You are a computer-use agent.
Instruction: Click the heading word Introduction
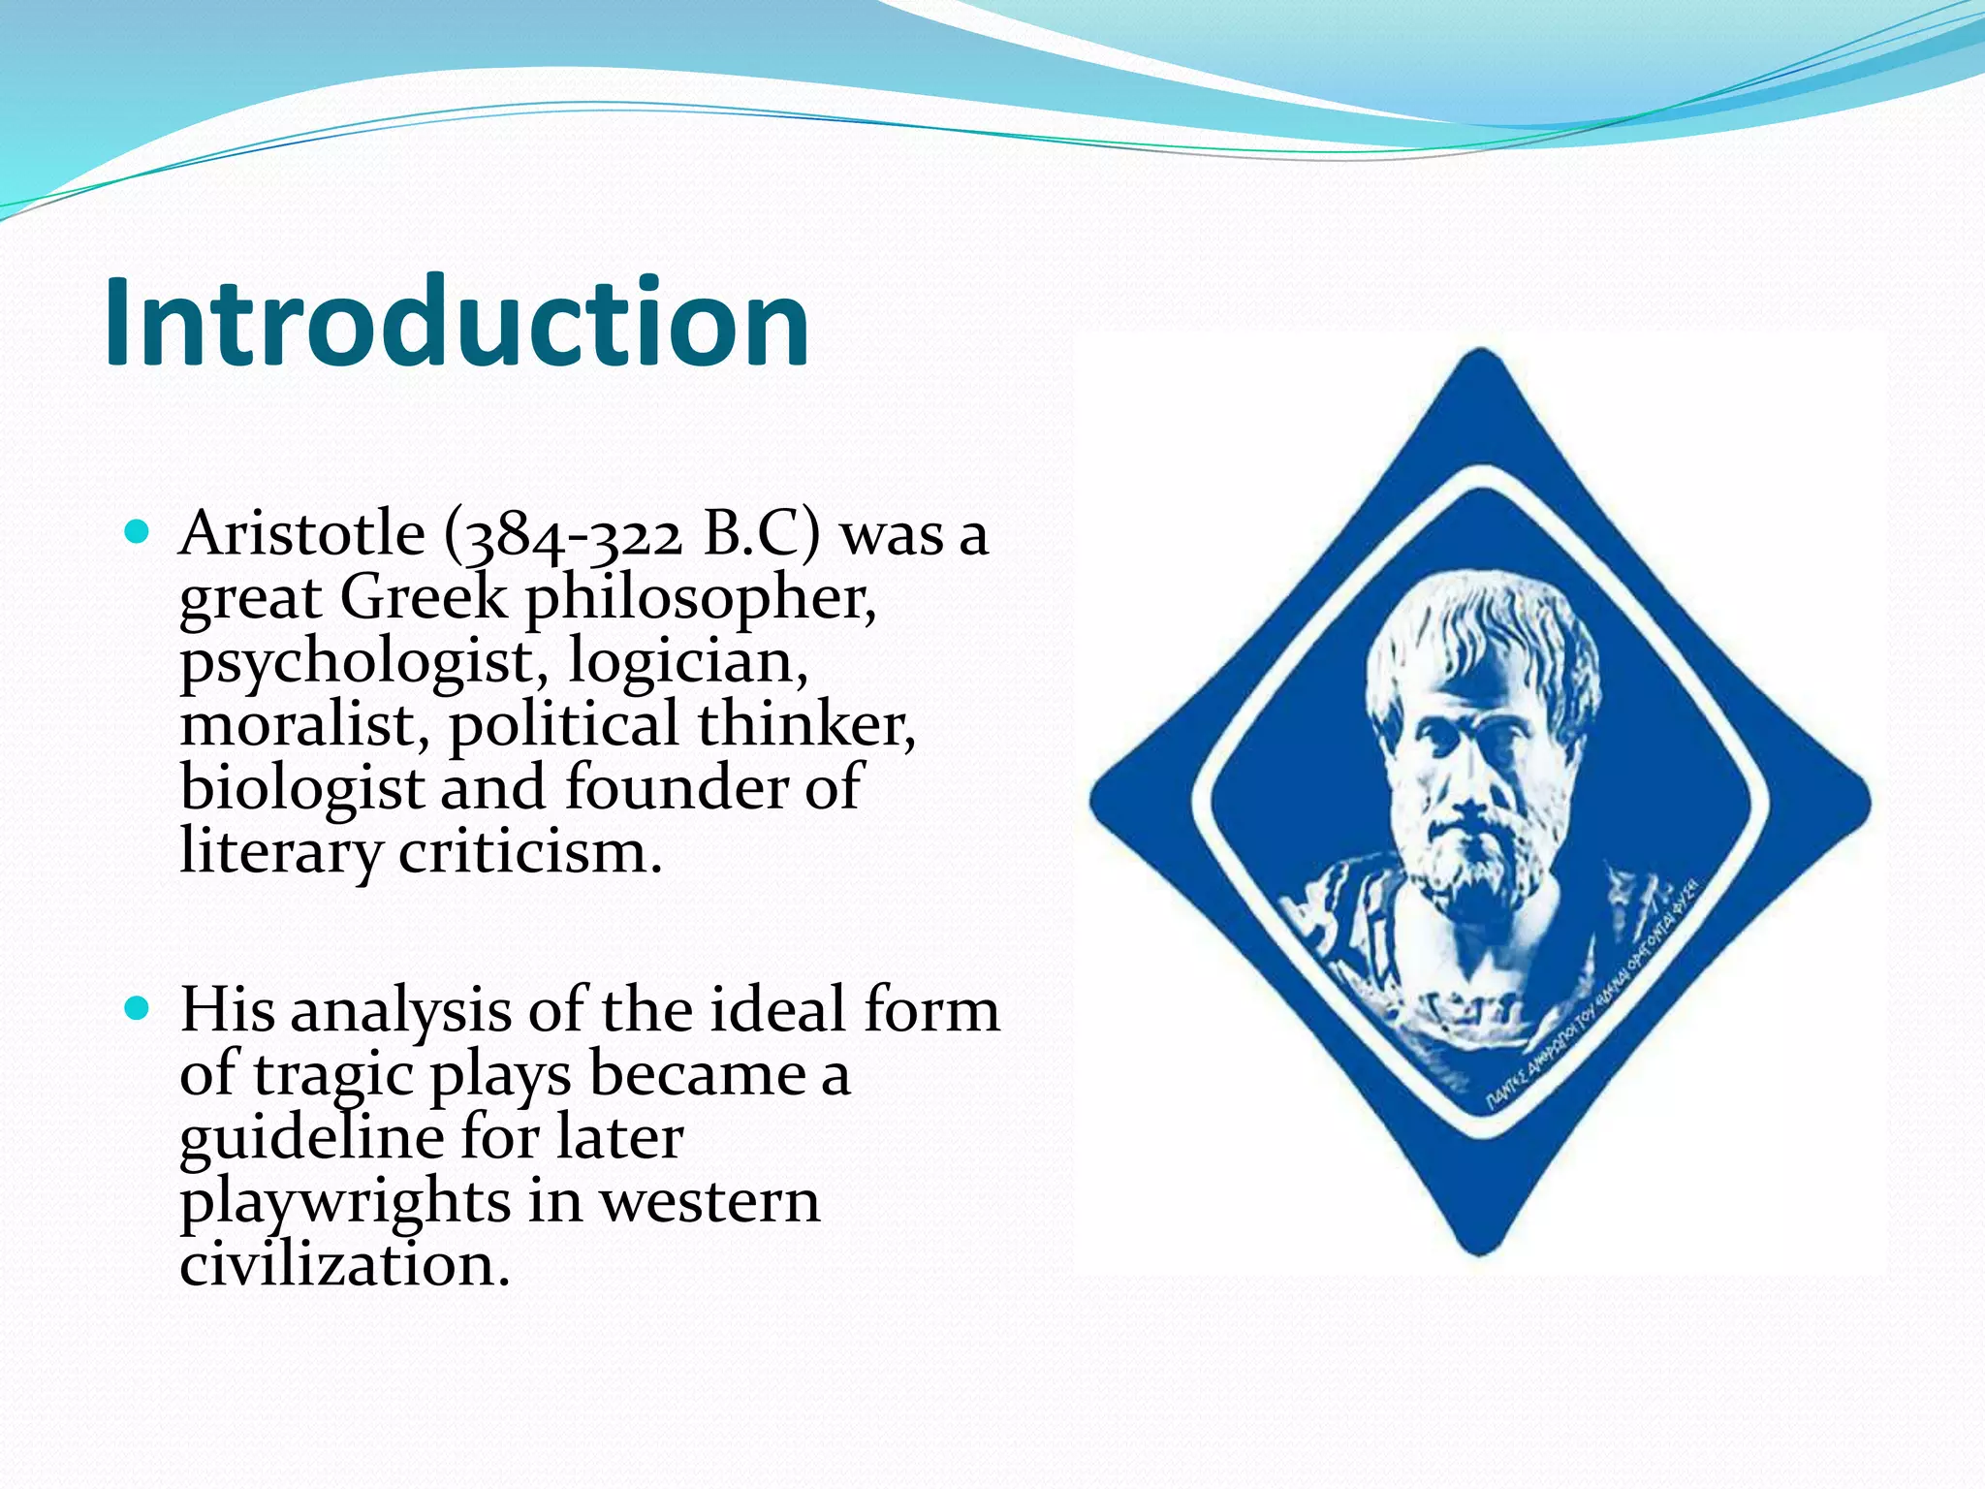pyautogui.click(x=456, y=323)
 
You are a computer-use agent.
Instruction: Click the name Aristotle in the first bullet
pyautogui.click(x=301, y=533)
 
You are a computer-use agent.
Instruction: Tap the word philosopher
pyautogui.click(x=701, y=598)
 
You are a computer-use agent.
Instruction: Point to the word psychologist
pyautogui.click(x=356, y=663)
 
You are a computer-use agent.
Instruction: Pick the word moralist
pyautogui.click(x=304, y=724)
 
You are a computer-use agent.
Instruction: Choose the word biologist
pyautogui.click(x=301, y=788)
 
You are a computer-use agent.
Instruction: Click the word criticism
pyautogui.click(x=530, y=852)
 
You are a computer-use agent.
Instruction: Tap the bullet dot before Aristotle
pyautogui.click(x=138, y=531)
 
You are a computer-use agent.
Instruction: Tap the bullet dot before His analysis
pyautogui.click(x=138, y=1008)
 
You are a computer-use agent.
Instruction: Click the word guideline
pyautogui.click(x=310, y=1138)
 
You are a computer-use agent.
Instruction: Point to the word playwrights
pyautogui.click(x=344, y=1202)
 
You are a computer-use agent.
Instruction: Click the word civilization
pyautogui.click(x=344, y=1265)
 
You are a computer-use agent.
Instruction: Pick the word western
pyautogui.click(x=709, y=1202)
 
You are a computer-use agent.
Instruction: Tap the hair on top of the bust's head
pyautogui.click(x=1483, y=620)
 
